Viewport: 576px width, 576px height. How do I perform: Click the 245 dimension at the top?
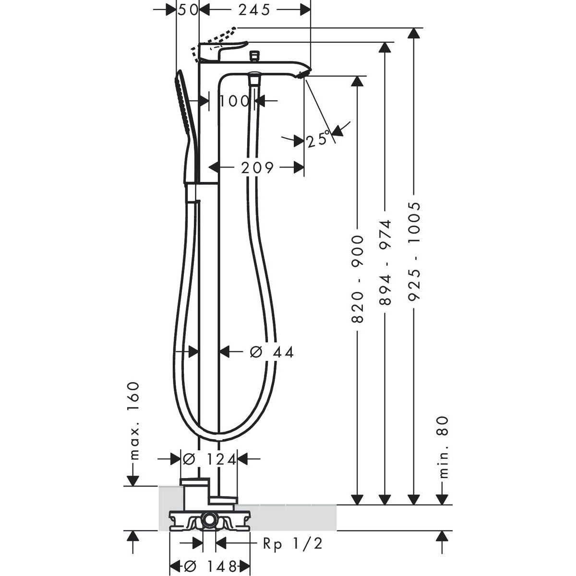[254, 11]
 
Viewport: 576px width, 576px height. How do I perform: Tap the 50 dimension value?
[188, 11]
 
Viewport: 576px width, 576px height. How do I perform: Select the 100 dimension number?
[235, 101]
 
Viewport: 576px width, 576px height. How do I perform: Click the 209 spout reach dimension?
[257, 168]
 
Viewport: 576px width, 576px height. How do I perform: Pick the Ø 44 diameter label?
[271, 352]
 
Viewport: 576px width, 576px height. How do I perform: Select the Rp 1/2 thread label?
[293, 535]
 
